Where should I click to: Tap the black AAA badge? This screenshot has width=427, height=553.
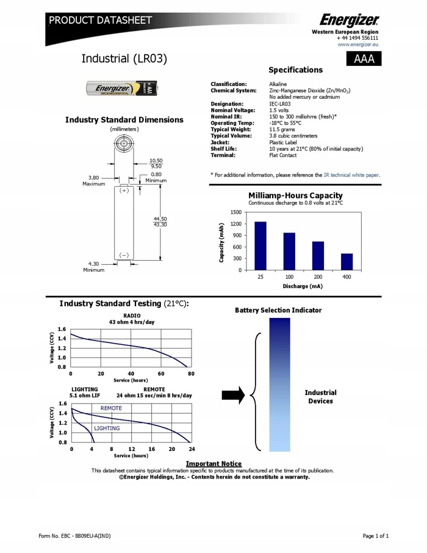[x=363, y=59]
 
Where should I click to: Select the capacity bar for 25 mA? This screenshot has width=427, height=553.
[x=260, y=245]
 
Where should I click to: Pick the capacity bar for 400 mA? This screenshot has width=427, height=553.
[x=346, y=261]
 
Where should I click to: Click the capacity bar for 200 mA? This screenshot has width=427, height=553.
[x=318, y=255]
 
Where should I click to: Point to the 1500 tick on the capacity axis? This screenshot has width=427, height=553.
[x=235, y=212]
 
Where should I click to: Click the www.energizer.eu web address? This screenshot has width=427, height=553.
[x=358, y=45]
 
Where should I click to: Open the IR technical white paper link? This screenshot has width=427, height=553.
[x=351, y=175]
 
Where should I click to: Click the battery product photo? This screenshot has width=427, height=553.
[x=122, y=89]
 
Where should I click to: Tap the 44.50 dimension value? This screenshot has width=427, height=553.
[x=160, y=219]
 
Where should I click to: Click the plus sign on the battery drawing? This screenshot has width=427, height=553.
[x=124, y=190]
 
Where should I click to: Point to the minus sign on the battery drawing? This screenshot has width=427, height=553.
[x=124, y=255]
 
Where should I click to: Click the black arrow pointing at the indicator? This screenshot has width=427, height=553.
[x=233, y=394]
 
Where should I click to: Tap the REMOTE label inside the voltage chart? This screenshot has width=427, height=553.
[x=111, y=408]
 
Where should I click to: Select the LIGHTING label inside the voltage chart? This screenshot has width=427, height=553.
[x=107, y=428]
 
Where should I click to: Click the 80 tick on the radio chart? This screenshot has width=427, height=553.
[x=191, y=374]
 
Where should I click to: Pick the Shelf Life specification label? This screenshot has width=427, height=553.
[x=224, y=148]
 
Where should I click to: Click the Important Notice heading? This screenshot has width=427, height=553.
[x=213, y=464]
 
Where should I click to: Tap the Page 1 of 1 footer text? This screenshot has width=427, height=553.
[x=375, y=536]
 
